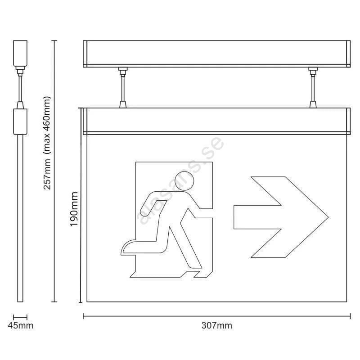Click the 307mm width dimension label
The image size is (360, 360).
216,325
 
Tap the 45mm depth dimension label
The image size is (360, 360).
20,325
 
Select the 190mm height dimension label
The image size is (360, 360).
74,209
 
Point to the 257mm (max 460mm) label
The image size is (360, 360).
47,143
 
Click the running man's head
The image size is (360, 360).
184,181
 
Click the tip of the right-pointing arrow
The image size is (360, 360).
328,217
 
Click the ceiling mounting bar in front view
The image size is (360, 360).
217,54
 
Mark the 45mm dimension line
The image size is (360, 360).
20,317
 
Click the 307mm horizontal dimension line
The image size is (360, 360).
217,316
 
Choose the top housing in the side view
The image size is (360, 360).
20,53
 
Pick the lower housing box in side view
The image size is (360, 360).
20,121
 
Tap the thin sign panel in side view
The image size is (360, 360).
20,218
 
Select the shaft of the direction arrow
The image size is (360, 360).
257,217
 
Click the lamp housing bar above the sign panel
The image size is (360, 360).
217,121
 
